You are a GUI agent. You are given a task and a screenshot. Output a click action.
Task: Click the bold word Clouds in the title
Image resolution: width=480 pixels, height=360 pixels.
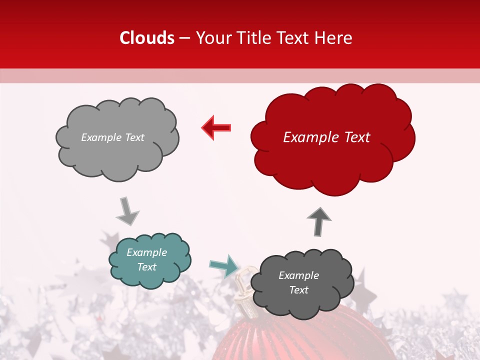pyautogui.click(x=147, y=38)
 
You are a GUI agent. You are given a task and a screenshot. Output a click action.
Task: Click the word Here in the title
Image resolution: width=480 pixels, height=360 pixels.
pyautogui.click(x=334, y=38)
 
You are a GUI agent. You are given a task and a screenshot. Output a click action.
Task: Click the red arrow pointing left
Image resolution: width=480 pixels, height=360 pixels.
pyautogui.click(x=216, y=127)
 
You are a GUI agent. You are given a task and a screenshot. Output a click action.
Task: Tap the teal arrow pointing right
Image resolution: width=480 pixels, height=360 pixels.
pyautogui.click(x=224, y=265)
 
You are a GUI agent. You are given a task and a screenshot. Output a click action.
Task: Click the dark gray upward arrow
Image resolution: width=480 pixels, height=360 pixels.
pyautogui.click(x=319, y=221)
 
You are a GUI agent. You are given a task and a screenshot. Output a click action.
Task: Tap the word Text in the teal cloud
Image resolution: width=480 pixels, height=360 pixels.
pyautogui.click(x=146, y=267)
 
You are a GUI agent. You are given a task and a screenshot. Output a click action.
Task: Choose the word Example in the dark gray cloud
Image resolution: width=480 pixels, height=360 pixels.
pyautogui.click(x=298, y=275)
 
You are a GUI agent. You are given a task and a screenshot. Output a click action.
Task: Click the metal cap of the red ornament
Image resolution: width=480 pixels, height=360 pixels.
pyautogui.click(x=245, y=295)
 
